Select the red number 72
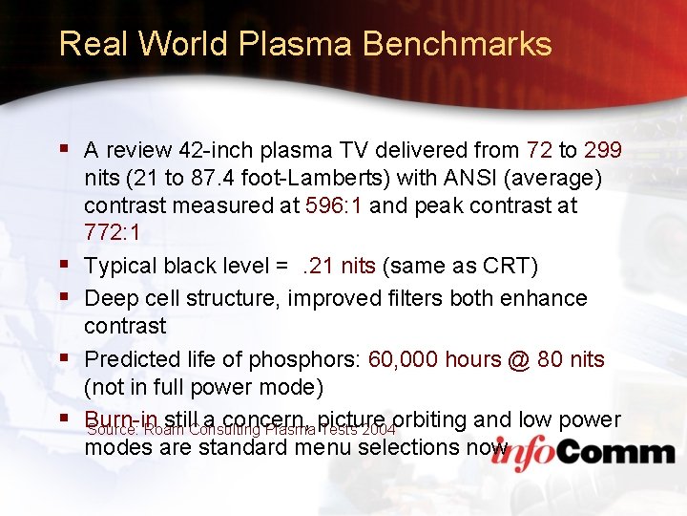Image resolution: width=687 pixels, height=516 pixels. pyautogui.click(x=539, y=151)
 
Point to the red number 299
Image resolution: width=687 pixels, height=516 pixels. pyautogui.click(x=603, y=151)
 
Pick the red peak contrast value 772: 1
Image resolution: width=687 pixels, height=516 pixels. pyautogui.click(x=113, y=233)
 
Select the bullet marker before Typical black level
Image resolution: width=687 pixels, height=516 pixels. pyautogui.click(x=64, y=264)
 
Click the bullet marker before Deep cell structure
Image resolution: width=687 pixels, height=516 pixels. pyautogui.click(x=64, y=296)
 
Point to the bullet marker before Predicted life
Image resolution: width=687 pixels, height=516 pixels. pyautogui.click(x=64, y=357)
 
